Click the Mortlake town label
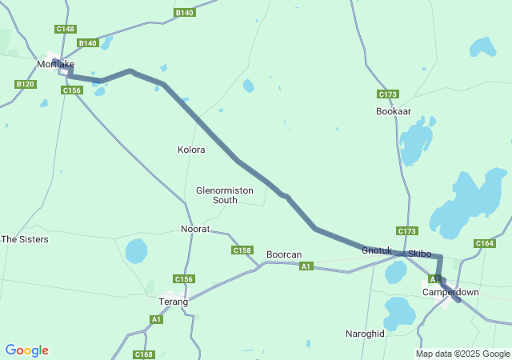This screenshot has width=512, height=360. coord(55,64)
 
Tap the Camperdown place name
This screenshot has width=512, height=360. coord(450,292)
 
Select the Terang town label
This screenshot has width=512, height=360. coord(173,302)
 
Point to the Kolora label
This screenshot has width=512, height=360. coord(191,150)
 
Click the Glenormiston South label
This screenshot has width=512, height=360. coord(216,195)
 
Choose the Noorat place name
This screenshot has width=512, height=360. coord(195,229)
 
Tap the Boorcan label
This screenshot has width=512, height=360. coord(284,254)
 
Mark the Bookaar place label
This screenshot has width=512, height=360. coord(394,111)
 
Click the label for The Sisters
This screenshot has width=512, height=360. coord(25,239)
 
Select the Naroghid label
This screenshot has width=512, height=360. coord(365,333)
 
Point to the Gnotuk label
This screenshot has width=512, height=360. coord(377,250)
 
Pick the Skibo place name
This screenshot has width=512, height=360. coord(420,254)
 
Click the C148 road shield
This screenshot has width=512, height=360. coord(66,29)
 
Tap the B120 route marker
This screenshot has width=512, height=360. coord(26,84)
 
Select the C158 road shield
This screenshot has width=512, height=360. coord(242,250)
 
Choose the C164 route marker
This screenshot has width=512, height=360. coord(485,243)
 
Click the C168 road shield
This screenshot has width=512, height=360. coord(144,354)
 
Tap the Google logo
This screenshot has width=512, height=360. coord(26,350)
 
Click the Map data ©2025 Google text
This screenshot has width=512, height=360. coord(462,354)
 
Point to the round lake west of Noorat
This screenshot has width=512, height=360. coord(137,251)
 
